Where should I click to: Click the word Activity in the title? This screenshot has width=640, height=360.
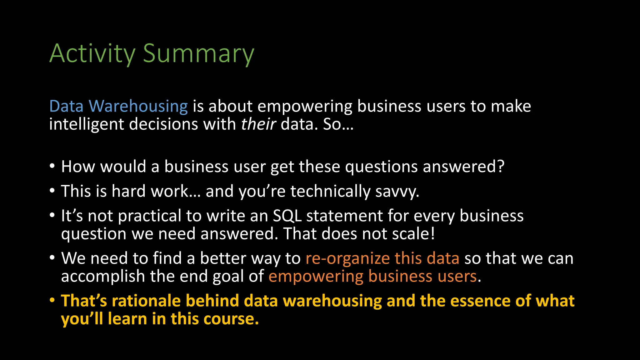point(92,54)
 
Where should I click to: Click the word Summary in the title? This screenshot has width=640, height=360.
point(198,54)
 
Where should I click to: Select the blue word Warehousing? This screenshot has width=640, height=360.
point(138,106)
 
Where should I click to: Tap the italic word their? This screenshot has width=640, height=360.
point(258,124)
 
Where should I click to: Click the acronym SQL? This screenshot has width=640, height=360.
point(287,216)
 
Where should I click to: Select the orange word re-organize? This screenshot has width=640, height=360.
point(347,259)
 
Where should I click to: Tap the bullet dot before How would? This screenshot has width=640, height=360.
point(52,166)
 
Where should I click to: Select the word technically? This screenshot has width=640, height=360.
point(330,192)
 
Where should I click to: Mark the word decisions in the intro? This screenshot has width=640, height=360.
point(163,124)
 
